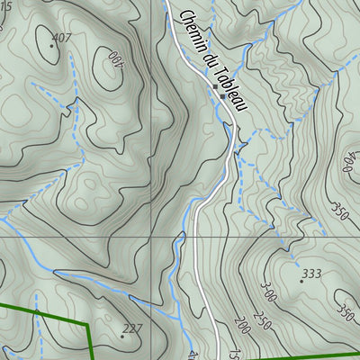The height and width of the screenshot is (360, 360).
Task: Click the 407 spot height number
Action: (62, 38)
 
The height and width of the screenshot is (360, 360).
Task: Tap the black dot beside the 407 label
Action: (49, 41)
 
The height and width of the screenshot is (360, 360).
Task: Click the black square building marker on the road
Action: (222, 94)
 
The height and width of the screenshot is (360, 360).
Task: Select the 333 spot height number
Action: (311, 274)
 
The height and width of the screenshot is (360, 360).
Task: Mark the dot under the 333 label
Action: (301, 281)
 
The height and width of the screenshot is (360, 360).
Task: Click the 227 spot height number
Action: (133, 328)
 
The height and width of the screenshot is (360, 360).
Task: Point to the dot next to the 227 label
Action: (122, 337)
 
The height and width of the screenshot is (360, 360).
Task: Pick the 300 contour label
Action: (267, 294)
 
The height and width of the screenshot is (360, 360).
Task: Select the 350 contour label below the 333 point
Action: (344, 310)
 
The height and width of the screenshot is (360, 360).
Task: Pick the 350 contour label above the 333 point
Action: (338, 212)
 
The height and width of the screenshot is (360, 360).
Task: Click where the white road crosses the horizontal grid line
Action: (193, 238)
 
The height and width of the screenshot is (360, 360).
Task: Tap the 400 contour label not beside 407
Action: (347, 163)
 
